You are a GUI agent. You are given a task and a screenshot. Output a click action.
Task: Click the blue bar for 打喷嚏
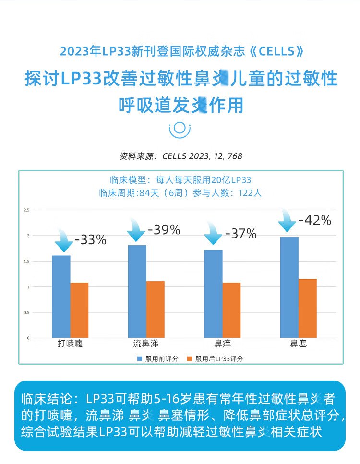click(61, 297)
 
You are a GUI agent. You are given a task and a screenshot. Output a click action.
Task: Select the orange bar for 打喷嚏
click(79, 310)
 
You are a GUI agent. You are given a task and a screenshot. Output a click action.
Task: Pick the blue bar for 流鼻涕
click(137, 291)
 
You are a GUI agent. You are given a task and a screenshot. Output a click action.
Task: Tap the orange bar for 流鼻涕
click(156, 309)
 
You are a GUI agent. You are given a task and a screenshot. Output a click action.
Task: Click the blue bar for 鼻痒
click(213, 294)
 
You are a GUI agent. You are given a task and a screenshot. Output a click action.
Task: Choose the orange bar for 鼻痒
click(231, 310)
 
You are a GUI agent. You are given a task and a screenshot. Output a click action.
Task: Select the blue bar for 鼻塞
click(289, 287)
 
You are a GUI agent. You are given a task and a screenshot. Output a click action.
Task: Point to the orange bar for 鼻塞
click(308, 308)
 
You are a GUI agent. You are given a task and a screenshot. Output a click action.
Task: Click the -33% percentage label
click(91, 240)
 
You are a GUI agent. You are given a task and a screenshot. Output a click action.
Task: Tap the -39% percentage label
click(164, 230)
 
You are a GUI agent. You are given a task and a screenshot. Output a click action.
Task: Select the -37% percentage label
click(240, 234)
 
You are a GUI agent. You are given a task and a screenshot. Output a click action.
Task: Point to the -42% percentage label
click(315, 220)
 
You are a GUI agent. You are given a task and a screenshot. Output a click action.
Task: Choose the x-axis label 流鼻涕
click(146, 344)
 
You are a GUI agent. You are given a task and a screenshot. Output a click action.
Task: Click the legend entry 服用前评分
click(158, 358)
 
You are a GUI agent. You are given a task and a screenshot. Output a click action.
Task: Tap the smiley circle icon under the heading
click(180, 129)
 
